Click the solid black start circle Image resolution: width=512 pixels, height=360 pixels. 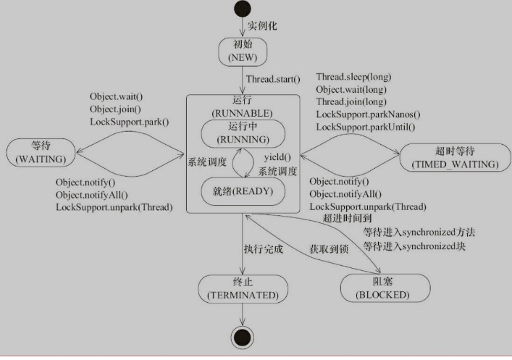click(x=242, y=11)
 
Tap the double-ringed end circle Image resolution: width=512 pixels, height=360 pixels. click(x=242, y=335)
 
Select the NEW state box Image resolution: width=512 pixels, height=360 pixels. click(x=243, y=49)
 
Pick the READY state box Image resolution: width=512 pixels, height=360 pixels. click(x=243, y=193)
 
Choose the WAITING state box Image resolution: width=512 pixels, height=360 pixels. click(x=41, y=153)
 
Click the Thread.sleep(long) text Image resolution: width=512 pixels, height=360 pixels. click(x=355, y=77)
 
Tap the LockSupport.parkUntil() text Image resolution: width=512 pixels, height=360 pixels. click(x=366, y=127)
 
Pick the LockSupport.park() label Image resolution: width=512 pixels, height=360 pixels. click(x=129, y=122)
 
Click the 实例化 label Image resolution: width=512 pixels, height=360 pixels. click(x=263, y=26)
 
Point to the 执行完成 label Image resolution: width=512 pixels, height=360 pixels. click(x=264, y=248)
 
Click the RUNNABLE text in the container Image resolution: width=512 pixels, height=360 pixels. click(x=242, y=113)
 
